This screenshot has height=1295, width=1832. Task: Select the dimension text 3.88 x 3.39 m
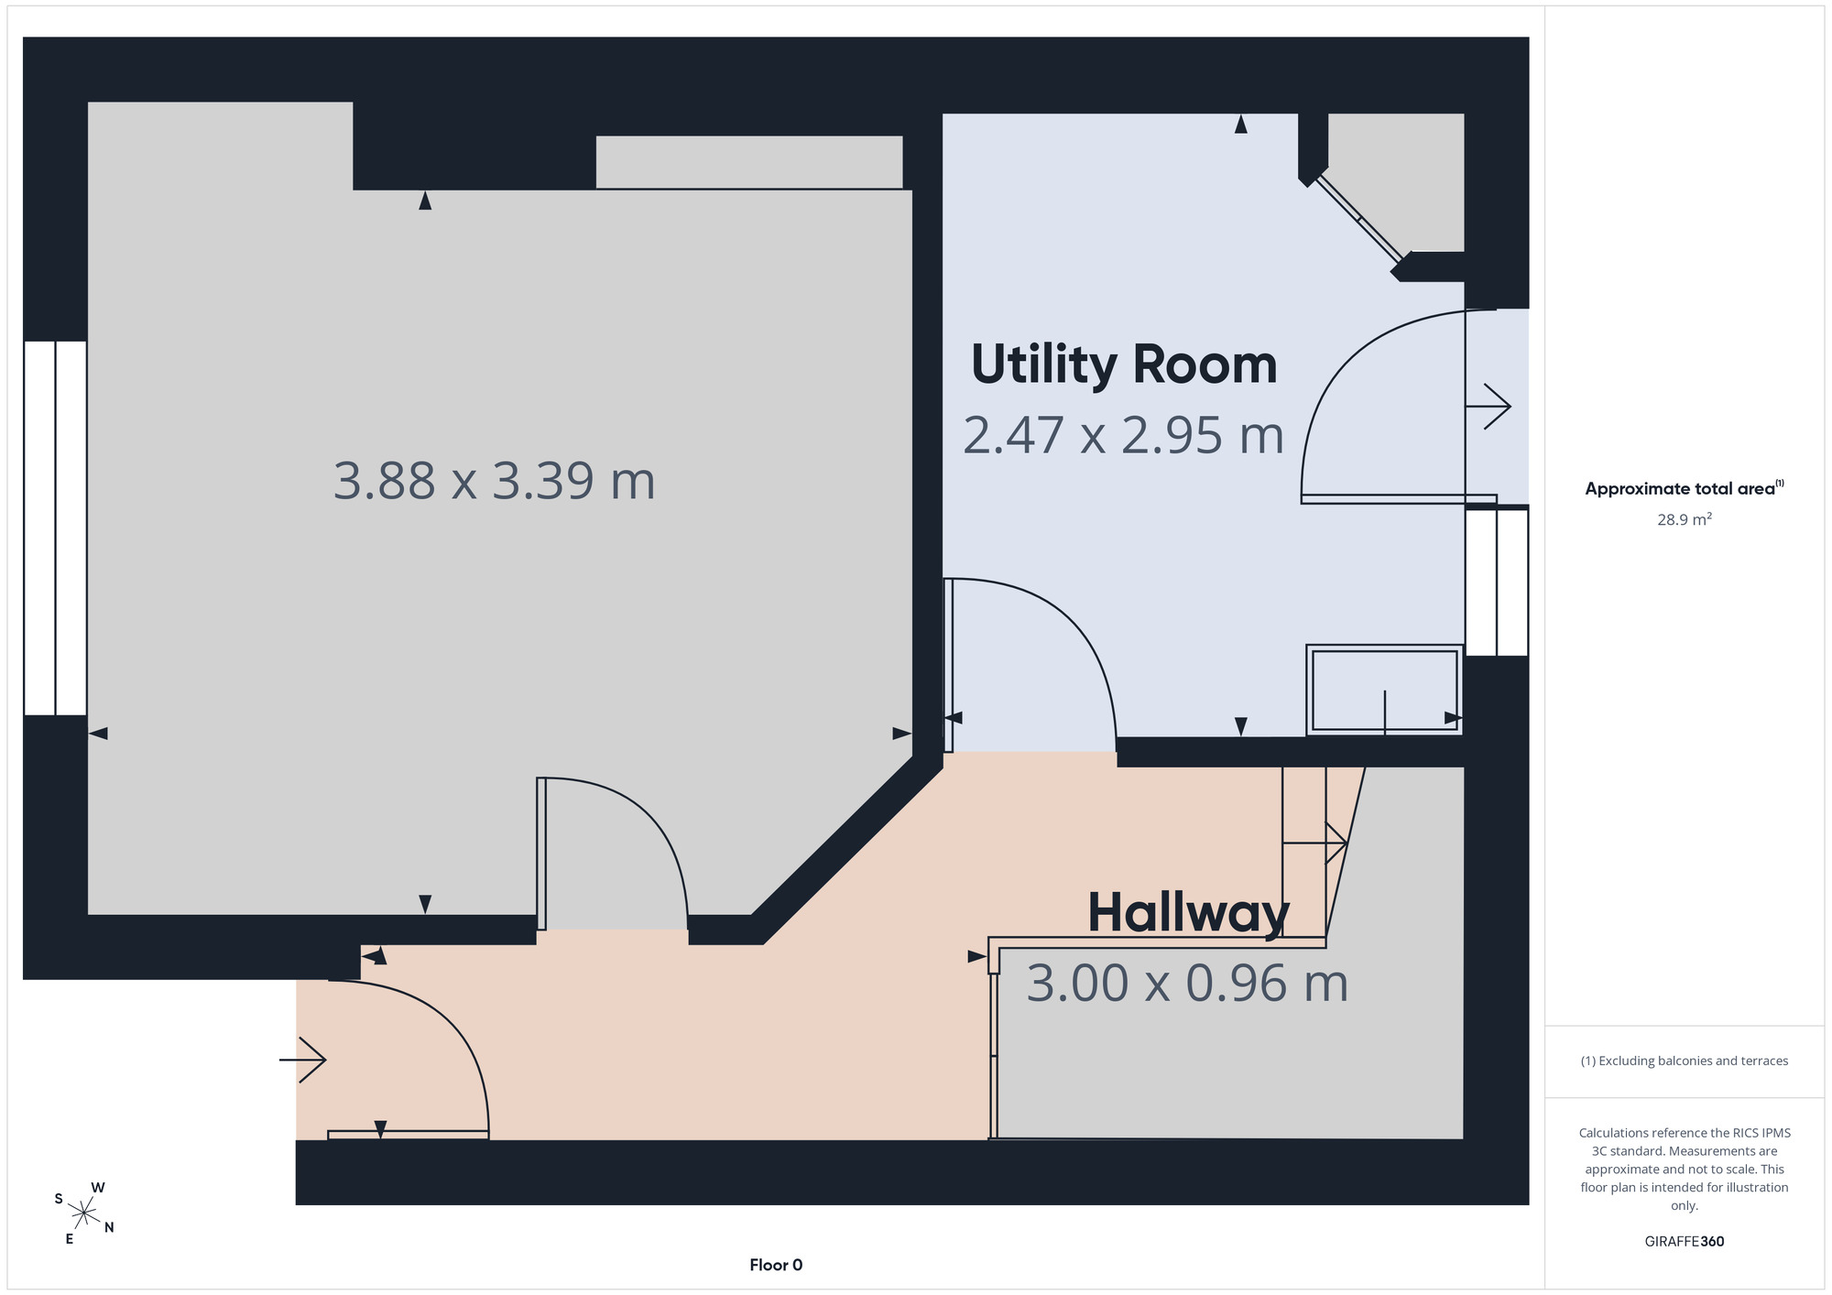[495, 481]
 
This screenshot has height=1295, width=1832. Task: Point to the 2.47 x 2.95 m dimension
[1123, 435]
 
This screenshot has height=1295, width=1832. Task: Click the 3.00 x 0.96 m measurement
[1187, 984]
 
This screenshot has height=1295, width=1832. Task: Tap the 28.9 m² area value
[1685, 519]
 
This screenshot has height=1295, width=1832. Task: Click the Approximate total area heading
[1684, 488]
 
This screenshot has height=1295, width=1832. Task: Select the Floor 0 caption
[776, 1265]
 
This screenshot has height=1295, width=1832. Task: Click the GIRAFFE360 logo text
[1685, 1242]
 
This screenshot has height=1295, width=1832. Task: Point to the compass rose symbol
[83, 1214]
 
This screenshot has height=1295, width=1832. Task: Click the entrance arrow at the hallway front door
[302, 1061]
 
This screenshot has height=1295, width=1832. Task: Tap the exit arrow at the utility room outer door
[1488, 406]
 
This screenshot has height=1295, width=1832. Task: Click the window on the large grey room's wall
[55, 528]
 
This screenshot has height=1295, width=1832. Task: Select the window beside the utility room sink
[1497, 582]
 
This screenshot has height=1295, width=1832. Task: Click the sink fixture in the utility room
[1384, 690]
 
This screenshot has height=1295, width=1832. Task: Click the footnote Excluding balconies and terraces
[1685, 1061]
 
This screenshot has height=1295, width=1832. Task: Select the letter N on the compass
[109, 1227]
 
